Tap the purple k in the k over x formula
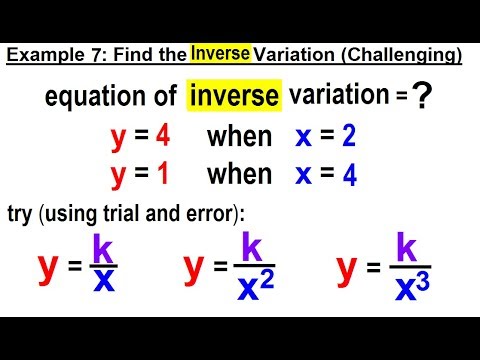coord(102,246)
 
